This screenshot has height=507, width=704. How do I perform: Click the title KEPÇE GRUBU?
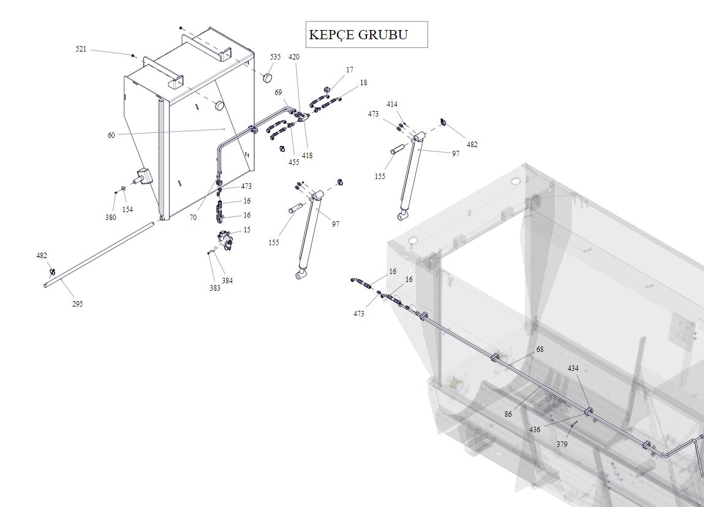(358, 34)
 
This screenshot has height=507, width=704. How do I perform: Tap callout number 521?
(81, 49)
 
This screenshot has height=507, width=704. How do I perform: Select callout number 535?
(275, 57)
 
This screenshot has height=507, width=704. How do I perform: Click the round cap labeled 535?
(267, 78)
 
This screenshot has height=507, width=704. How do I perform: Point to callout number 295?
(77, 304)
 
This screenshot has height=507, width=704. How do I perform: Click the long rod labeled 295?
(98, 255)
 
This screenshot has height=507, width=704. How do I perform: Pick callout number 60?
(111, 135)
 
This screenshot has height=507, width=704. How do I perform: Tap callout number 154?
(127, 210)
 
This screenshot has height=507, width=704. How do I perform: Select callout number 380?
(110, 218)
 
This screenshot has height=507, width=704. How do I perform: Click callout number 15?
(247, 230)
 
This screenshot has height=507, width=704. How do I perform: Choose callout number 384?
(227, 281)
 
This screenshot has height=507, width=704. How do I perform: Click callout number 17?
(349, 70)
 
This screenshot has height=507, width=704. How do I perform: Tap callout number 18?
(363, 83)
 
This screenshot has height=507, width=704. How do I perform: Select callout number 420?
(294, 57)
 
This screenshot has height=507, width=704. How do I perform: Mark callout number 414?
(392, 104)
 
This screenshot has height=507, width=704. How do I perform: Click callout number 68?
(540, 349)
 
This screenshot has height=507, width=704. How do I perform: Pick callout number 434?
(573, 368)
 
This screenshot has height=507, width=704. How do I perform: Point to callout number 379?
(562, 444)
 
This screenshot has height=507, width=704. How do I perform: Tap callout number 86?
(508, 414)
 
